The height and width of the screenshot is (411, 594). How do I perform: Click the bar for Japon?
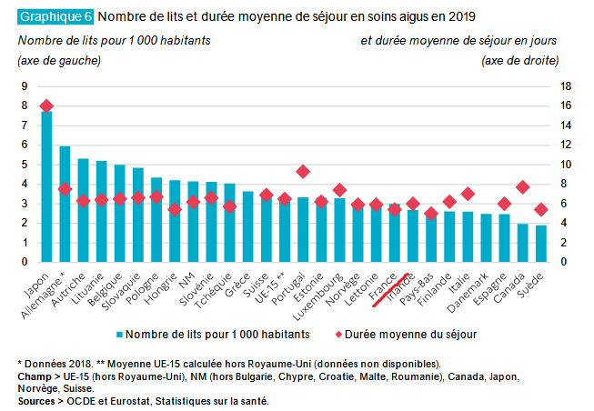pyautogui.click(x=46, y=186)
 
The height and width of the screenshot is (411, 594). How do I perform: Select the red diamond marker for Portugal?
pyautogui.click(x=303, y=171)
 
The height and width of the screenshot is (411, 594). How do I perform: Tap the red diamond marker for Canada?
pyautogui.click(x=523, y=186)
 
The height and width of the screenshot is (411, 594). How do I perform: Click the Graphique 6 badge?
pyautogui.click(x=55, y=16)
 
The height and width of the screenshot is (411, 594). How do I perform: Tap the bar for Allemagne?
pyautogui.click(x=65, y=204)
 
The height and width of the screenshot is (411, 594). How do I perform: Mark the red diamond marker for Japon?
pyautogui.click(x=46, y=106)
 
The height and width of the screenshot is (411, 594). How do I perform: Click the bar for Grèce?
pyautogui.click(x=248, y=226)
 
